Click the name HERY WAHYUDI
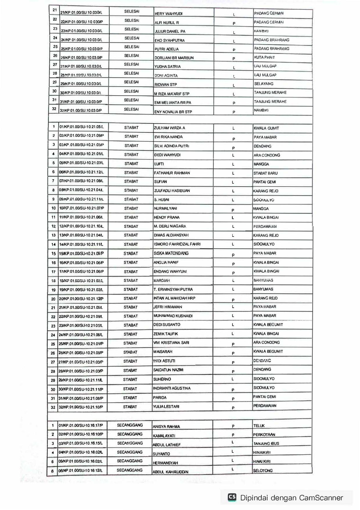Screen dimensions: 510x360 pos(168,14)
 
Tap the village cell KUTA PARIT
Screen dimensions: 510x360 pos(264,57)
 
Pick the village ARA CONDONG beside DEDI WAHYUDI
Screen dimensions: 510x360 pos(267,155)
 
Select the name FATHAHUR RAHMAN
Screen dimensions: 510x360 pos(172,173)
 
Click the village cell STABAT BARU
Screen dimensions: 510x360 pos(265,173)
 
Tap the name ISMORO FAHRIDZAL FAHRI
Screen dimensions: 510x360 pos(177,244)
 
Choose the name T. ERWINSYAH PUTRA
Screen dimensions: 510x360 pos(173,289)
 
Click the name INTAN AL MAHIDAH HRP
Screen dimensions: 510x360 pos(174,298)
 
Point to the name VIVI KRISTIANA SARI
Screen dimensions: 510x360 pos(171,343)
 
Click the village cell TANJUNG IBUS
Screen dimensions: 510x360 pos(266,443)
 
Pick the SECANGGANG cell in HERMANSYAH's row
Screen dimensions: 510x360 pos(130,461)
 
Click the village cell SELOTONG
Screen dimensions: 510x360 pos(263,470)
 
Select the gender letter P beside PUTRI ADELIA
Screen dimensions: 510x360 pos(234,50)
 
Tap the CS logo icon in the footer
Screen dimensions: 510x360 pos(232,497)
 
